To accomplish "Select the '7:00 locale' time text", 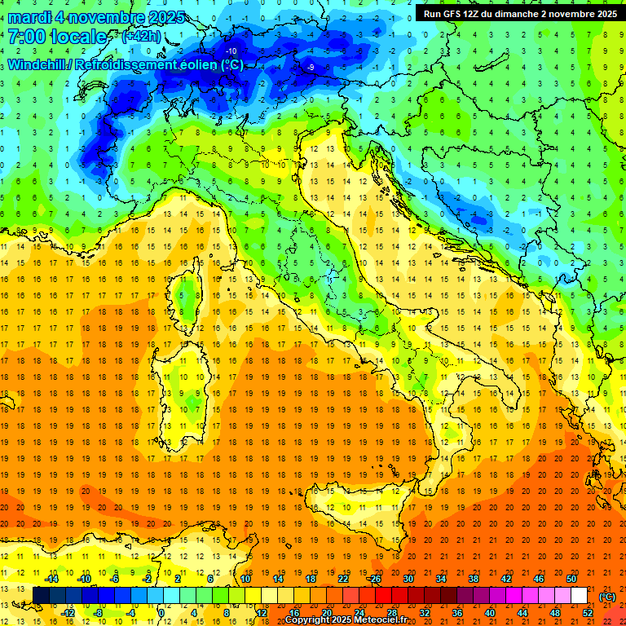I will click(x=57, y=37).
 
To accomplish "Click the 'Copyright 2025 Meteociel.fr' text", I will click(x=351, y=620).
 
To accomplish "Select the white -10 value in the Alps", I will click(x=231, y=51).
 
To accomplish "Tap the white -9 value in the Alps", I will click(x=311, y=67).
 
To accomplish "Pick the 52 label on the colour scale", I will click(x=588, y=613).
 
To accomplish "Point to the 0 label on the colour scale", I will click(x=162, y=613).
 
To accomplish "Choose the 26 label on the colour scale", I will click(x=376, y=579).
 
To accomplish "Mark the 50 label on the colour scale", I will click(x=571, y=579).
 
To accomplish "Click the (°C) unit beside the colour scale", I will click(x=606, y=596).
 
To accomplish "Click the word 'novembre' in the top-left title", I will click(x=102, y=18).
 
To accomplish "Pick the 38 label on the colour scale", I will click(x=474, y=579).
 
